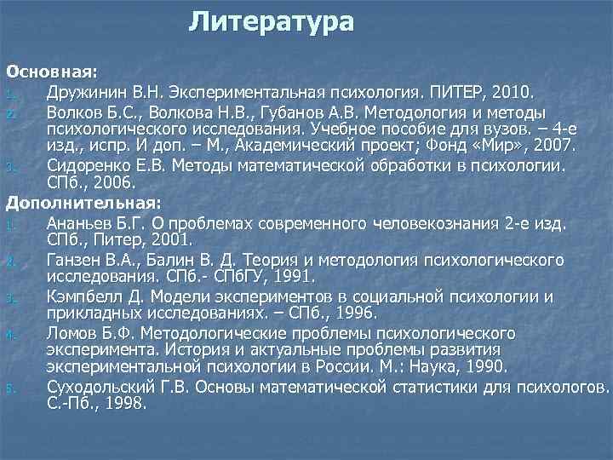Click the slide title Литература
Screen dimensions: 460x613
click(x=271, y=21)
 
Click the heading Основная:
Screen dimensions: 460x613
click(x=52, y=68)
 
